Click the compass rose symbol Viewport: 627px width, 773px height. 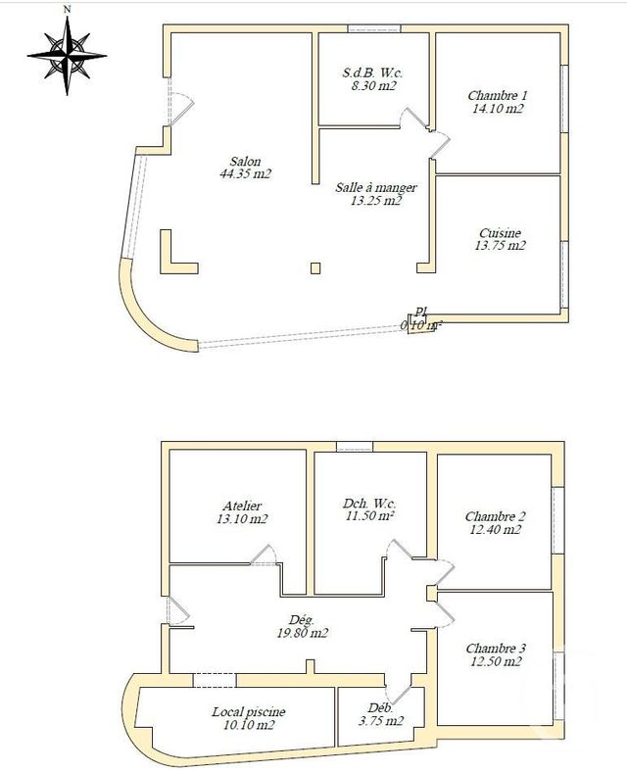click(66, 57)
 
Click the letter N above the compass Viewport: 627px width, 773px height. click(66, 9)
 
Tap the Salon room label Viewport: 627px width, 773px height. click(245, 162)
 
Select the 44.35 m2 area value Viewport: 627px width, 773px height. click(245, 174)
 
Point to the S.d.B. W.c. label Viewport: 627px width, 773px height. click(373, 72)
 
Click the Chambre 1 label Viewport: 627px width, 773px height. click(498, 96)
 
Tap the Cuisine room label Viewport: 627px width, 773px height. click(500, 233)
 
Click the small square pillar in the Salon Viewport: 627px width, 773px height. click(314, 267)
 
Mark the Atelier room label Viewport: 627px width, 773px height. click(242, 506)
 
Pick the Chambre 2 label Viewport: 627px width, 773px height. click(496, 516)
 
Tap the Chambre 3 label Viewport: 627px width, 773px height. click(496, 648)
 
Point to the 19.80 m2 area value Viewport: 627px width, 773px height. click(301, 633)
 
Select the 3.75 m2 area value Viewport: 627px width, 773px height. click(379, 721)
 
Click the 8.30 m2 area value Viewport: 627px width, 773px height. click(373, 86)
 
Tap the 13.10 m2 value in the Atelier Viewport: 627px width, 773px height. click(242, 519)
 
